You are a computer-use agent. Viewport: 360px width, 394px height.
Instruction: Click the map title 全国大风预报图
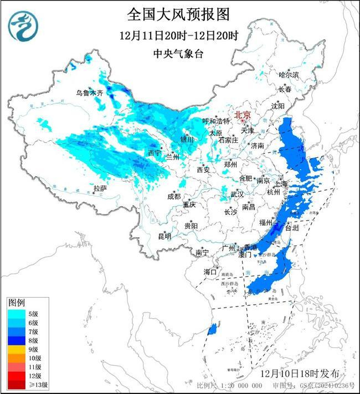pyautogui.click(x=178, y=13)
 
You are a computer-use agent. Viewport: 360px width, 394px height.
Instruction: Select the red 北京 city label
pyautogui.click(x=243, y=115)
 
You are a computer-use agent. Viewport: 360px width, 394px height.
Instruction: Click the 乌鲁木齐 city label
pyautogui.click(x=90, y=93)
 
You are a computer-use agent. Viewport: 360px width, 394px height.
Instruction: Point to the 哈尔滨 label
pyautogui.click(x=289, y=74)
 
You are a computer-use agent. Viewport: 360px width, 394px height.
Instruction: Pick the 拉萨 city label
pyautogui.click(x=100, y=188)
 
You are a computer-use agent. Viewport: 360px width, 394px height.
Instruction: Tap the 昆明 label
pyautogui.click(x=164, y=236)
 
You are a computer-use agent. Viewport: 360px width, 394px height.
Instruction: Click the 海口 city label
pyautogui.click(x=210, y=272)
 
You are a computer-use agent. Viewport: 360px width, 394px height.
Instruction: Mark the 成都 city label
pyautogui.click(x=173, y=196)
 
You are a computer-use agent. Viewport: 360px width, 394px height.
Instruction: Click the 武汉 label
pyautogui.click(x=237, y=195)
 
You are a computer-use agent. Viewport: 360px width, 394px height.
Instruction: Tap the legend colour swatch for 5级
pyautogui.click(x=15, y=314)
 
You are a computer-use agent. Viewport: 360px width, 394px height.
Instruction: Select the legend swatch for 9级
pyautogui.click(x=15, y=350)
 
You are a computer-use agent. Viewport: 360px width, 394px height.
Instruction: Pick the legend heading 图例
pyautogui.click(x=16, y=303)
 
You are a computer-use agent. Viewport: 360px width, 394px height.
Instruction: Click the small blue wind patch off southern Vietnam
pyautogui.click(x=212, y=330)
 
